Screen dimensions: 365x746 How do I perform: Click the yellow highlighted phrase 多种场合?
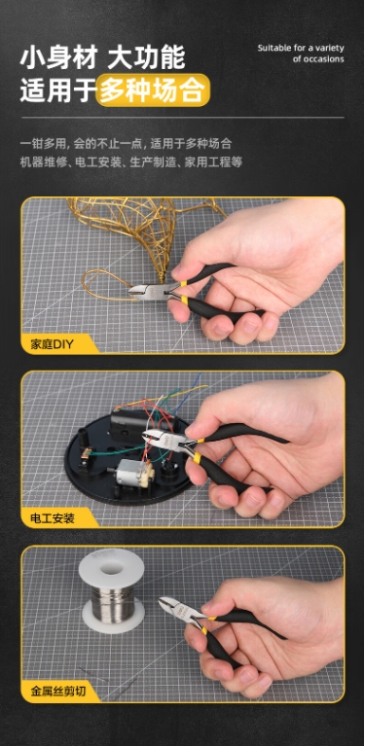coord(152,89)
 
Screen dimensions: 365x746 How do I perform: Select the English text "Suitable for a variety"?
coord(301,48)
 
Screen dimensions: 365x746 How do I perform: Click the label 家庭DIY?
coord(53,344)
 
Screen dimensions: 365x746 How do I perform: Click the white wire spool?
coord(111,589)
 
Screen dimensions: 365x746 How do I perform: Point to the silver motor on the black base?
coord(134,473)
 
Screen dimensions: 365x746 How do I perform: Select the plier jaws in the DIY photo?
coord(148,291)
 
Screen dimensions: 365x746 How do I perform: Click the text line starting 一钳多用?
coord(127,143)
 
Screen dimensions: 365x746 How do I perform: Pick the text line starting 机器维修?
coord(131,162)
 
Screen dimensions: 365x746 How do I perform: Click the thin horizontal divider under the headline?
coord(182,117)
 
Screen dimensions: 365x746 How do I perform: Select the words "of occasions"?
coord(318,59)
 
